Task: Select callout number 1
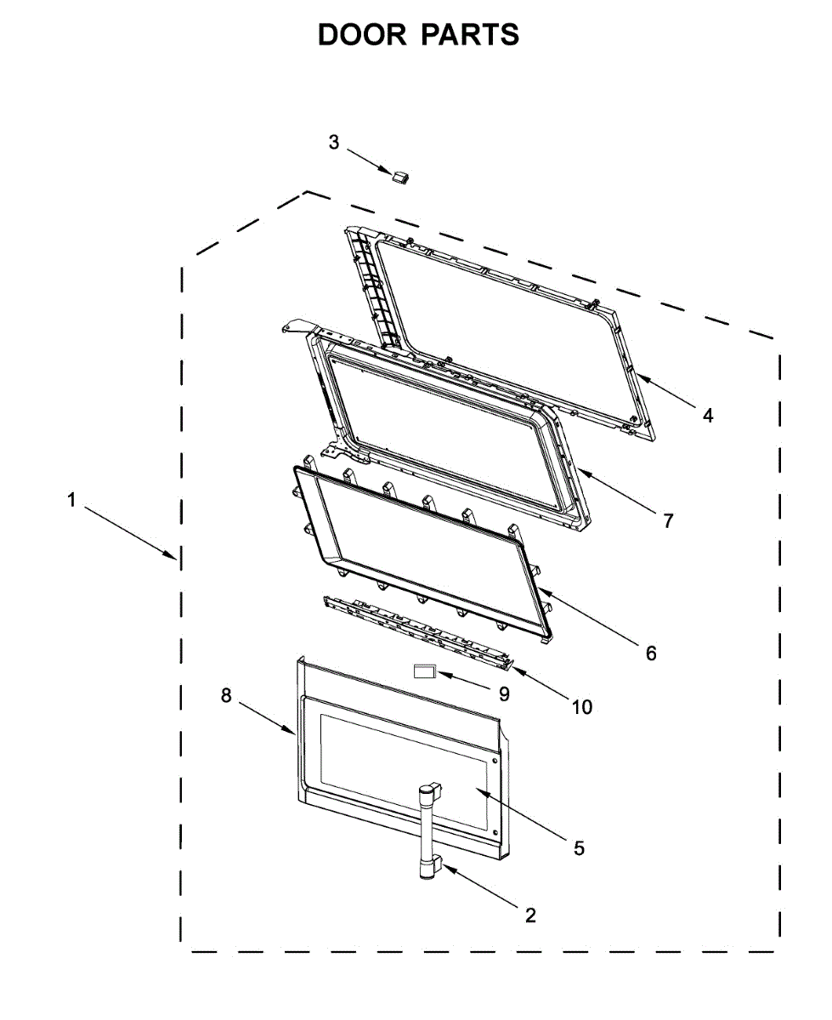(71, 501)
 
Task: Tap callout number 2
(530, 915)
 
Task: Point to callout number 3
(334, 142)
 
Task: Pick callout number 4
(707, 416)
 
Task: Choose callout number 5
(579, 847)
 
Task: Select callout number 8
(225, 694)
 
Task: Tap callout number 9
(504, 694)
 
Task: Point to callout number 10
(581, 706)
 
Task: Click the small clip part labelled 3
(399, 176)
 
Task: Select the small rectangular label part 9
(423, 671)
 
